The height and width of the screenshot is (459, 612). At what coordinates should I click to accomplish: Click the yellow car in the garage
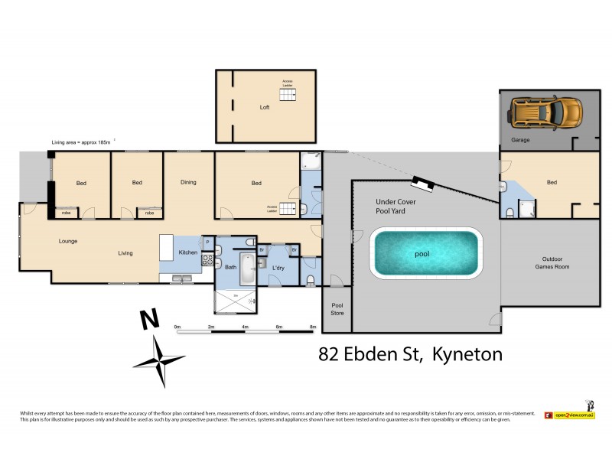[x=545, y=112]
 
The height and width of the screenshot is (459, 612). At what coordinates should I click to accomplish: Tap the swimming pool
[x=425, y=253]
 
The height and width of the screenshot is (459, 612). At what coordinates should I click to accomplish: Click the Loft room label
[x=265, y=108]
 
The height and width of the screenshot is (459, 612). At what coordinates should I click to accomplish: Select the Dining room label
[x=188, y=182]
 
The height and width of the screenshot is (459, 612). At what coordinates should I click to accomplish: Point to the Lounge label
[x=68, y=242]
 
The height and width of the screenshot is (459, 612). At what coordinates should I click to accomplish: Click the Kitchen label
[x=188, y=252]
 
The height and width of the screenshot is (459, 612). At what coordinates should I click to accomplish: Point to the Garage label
[x=520, y=140]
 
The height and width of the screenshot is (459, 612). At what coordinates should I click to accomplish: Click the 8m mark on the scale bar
[x=312, y=327]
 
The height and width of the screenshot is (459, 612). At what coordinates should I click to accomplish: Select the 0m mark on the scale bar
[x=177, y=327]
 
